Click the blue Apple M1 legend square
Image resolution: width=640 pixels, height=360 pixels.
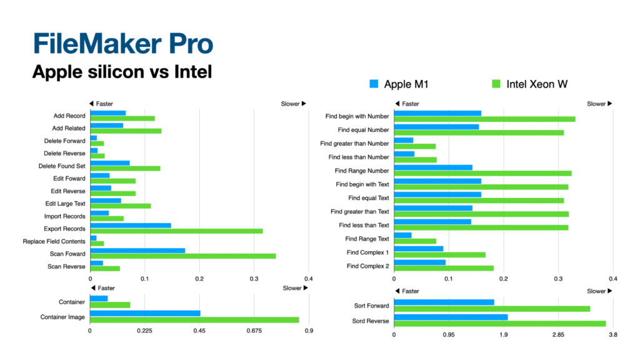[x=374, y=82]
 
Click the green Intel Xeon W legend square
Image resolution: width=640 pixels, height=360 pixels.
[x=496, y=82]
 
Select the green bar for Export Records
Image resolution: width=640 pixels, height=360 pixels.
[x=176, y=231]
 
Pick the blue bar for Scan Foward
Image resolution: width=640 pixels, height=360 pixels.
[x=137, y=251]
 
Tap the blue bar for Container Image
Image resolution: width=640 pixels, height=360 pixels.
[x=145, y=313]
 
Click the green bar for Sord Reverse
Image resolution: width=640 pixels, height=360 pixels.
[x=500, y=324]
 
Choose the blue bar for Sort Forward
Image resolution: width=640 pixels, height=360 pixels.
[x=444, y=302]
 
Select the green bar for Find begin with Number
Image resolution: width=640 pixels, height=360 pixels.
[x=484, y=119]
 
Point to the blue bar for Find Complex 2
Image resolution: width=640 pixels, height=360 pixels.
[x=419, y=262]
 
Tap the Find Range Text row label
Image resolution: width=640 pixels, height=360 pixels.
[x=367, y=239]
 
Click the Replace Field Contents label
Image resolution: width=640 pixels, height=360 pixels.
[x=54, y=241]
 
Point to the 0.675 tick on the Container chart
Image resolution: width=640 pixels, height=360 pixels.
[x=254, y=331]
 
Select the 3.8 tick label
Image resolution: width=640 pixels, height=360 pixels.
[x=612, y=336]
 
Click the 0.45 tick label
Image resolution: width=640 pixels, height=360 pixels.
[x=199, y=331]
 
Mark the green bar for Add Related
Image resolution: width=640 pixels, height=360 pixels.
[x=126, y=131]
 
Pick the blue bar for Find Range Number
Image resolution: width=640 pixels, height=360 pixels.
[x=433, y=167]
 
